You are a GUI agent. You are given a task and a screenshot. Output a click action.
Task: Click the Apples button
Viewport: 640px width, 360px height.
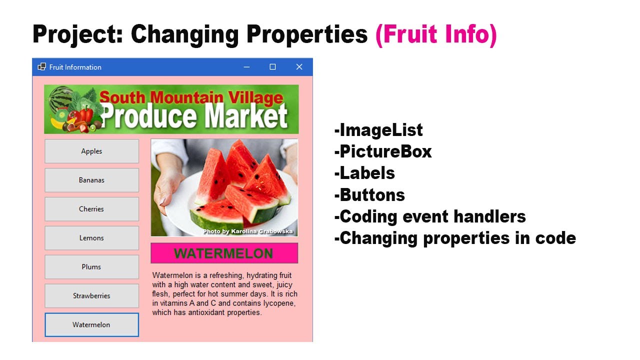click(91, 151)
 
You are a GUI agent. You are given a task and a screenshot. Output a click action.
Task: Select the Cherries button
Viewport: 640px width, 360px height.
click(91, 209)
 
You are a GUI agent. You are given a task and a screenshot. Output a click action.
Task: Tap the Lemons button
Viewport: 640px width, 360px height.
click(91, 238)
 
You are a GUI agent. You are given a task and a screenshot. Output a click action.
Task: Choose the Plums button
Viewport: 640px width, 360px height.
click(91, 267)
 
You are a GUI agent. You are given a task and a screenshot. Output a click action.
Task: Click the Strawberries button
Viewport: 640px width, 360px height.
click(91, 296)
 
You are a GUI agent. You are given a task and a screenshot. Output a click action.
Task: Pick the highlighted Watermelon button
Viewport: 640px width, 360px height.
click(91, 325)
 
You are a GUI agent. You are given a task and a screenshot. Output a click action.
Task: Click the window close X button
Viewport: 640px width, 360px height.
click(299, 67)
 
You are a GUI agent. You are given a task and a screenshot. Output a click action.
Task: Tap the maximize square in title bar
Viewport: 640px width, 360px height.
click(272, 67)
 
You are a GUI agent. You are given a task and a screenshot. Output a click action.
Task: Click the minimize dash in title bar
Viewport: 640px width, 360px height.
click(246, 67)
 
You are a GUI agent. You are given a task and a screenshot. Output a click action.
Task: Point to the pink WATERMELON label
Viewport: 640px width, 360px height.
click(224, 253)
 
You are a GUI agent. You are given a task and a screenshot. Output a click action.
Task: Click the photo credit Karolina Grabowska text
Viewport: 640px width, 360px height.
click(248, 231)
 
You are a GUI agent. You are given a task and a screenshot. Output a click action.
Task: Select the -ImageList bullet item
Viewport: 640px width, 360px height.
click(378, 130)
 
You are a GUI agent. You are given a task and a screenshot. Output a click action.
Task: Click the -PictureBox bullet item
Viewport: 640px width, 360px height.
click(383, 151)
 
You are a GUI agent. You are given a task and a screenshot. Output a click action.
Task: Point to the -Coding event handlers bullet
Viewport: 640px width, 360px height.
click(430, 216)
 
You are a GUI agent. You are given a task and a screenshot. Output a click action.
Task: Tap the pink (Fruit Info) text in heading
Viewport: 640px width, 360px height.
click(436, 34)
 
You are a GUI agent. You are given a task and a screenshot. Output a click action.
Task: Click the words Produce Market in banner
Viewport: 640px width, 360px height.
click(194, 116)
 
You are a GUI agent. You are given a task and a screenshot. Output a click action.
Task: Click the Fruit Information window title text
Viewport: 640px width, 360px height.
click(75, 67)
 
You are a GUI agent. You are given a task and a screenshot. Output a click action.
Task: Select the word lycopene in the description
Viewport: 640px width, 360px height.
click(277, 303)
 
